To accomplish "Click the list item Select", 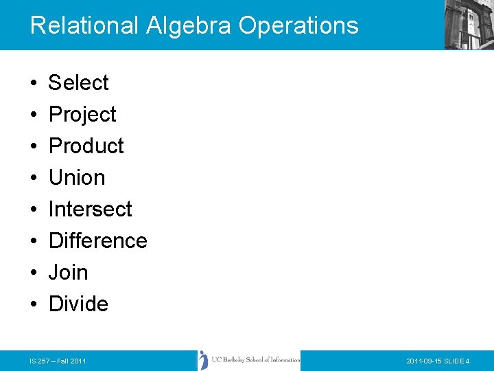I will point(78,83).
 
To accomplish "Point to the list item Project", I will point(82,115).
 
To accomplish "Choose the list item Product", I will point(86,146).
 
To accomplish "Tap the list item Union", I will point(77,178).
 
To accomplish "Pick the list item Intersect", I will point(90,210).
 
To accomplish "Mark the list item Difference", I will point(97,241).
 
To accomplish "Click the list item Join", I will point(68,273).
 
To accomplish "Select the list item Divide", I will point(78,304).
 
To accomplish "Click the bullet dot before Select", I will point(34,84).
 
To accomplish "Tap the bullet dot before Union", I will point(34,179).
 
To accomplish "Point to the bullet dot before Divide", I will point(34,305).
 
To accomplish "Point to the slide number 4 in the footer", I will point(467,361).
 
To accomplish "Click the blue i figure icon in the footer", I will point(203,360).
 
